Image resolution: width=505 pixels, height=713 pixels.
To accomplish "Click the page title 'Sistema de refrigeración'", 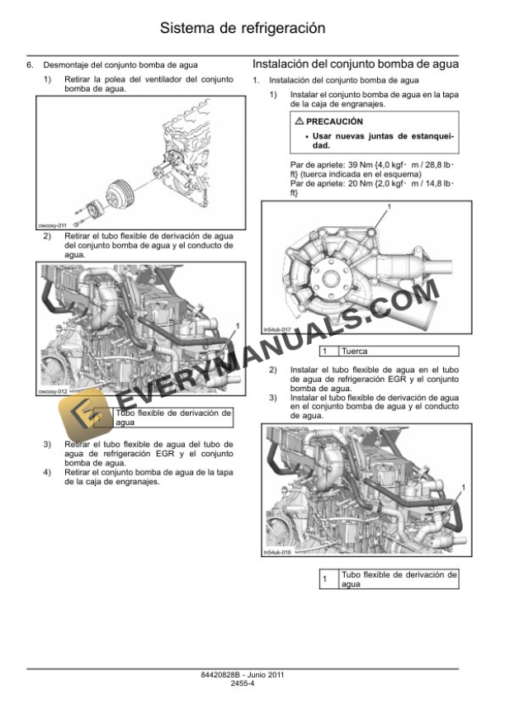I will [x=253, y=29].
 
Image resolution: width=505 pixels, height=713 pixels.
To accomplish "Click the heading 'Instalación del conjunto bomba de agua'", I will [x=356, y=64].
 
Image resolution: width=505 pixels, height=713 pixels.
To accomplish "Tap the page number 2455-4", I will [x=252, y=683].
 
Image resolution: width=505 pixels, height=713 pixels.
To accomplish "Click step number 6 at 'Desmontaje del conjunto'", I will [x=31, y=64].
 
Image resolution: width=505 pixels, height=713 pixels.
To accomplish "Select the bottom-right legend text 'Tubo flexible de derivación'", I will [x=398, y=578].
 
